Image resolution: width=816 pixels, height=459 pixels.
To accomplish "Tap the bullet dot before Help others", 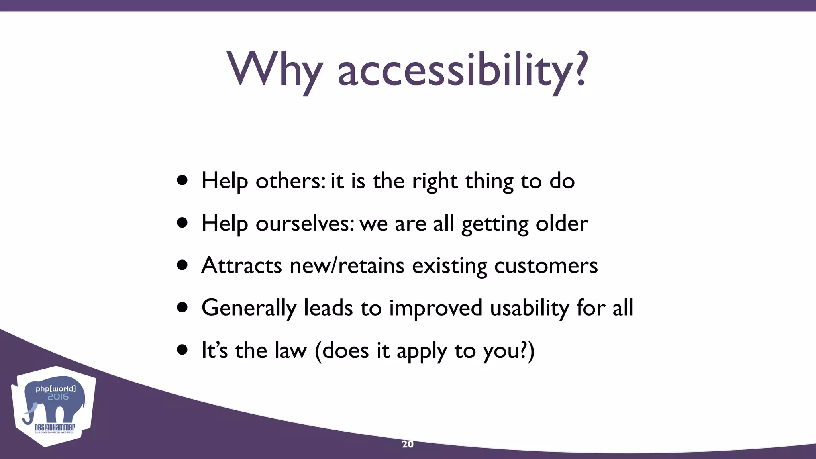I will (182, 180).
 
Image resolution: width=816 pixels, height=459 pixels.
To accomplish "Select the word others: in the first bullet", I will (290, 181).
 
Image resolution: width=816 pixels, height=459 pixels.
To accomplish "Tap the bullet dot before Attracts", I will (182, 265).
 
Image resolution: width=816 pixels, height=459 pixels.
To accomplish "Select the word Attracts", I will (241, 265).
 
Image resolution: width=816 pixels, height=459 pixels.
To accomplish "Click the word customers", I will (546, 265).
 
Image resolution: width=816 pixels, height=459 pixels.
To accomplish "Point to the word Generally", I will (249, 308).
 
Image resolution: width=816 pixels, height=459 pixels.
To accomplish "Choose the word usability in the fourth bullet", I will (530, 308).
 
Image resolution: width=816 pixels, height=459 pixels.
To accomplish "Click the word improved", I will (435, 308).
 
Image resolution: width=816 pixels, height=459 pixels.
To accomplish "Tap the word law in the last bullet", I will (287, 351).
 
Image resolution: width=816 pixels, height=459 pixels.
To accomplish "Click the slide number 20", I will (408, 444).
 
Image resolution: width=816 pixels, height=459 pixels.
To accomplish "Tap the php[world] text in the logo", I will (55, 388).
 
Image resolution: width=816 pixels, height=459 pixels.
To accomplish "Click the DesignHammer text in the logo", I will (55, 428).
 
